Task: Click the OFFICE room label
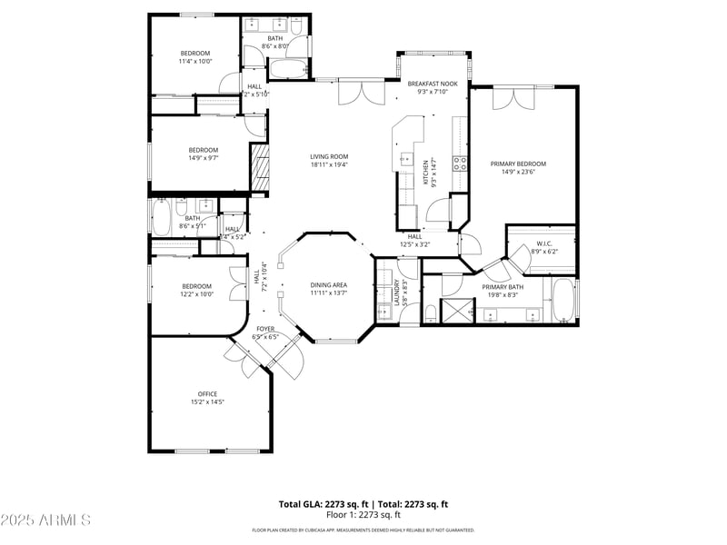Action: click(207, 393)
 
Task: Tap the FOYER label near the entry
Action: click(265, 329)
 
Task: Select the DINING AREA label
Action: click(329, 285)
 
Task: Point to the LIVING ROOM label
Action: click(329, 156)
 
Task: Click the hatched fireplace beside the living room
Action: click(260, 169)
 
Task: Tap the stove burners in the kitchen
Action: click(461, 163)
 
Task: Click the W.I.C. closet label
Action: click(544, 243)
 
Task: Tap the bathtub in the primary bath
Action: click(563, 300)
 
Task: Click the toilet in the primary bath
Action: click(429, 313)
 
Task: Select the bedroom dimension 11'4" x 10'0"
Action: click(195, 62)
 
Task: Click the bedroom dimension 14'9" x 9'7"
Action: click(203, 158)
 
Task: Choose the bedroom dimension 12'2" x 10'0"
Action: click(195, 293)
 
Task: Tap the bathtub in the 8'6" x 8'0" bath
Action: click(290, 68)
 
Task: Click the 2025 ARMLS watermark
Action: click(45, 520)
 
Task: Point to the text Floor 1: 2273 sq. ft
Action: click(363, 514)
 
